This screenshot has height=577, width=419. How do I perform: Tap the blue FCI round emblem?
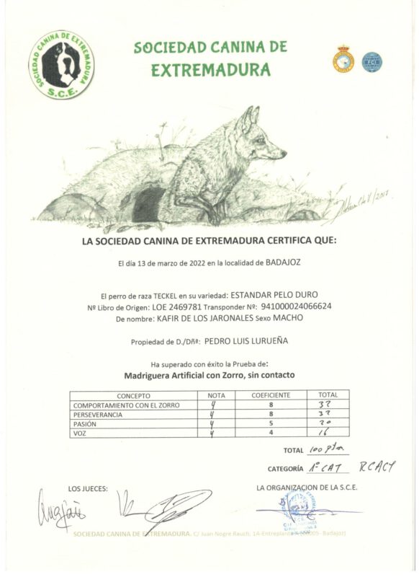tap(371, 62)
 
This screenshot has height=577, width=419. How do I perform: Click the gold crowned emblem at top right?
tap(343, 59)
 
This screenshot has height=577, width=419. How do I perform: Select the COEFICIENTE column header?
tap(271, 395)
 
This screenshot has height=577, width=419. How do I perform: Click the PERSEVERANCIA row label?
tap(98, 415)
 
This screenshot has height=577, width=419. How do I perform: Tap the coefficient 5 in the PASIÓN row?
tap(271, 423)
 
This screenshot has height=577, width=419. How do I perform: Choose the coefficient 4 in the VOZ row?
tap(271, 433)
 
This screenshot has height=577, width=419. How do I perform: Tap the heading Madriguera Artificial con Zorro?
tap(209, 375)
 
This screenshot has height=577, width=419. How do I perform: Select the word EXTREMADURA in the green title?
tap(211, 70)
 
